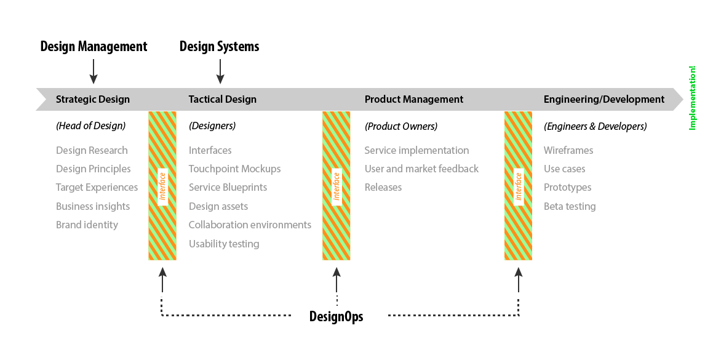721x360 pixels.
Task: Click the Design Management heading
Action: pos(94,47)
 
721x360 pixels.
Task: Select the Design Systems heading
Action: pos(219,47)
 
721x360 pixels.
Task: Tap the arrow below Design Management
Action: pos(93,71)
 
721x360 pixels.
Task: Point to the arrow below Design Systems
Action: pos(220,71)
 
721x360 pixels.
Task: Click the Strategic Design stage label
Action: pos(93,99)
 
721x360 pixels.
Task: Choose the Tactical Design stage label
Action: pos(223,99)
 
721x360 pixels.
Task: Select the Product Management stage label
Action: pos(414,99)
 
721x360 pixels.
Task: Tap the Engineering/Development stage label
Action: pos(604,99)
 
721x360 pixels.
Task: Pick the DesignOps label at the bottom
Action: pos(337,317)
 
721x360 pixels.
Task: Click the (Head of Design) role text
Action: pos(90,126)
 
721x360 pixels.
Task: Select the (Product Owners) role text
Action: pos(401,126)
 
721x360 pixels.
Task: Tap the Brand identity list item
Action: pos(87,225)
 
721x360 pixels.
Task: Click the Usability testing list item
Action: pos(224,244)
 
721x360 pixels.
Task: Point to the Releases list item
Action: pos(383,187)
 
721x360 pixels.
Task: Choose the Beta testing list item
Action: pos(570,206)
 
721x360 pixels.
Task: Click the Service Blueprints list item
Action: pos(228,187)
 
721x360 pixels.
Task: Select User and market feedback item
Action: pos(421,169)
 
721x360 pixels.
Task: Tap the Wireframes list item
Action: pos(568,150)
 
